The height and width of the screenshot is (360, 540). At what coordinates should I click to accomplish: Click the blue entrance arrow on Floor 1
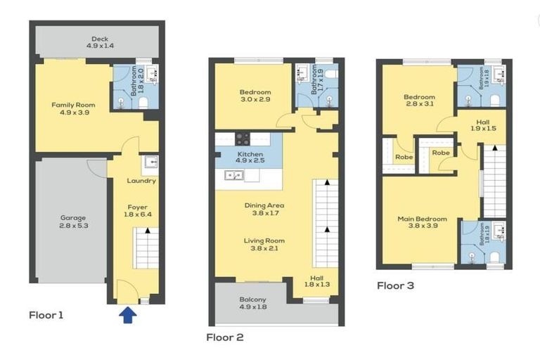point(127,316)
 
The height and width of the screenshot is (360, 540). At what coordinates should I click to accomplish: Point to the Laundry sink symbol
point(150,163)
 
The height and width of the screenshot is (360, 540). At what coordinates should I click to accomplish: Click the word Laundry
point(141,181)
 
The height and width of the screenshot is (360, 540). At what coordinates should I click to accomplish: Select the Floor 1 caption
point(46,315)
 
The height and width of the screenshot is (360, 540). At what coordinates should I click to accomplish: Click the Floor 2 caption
point(224,337)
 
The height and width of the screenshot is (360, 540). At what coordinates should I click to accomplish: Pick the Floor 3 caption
point(395,285)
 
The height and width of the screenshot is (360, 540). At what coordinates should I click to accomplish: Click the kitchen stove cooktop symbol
point(243,139)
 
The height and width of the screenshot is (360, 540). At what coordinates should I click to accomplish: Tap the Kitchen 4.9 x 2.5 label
point(250,157)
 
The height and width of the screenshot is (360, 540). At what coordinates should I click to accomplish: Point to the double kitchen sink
point(234,175)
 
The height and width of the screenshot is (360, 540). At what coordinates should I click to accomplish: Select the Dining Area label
point(264,210)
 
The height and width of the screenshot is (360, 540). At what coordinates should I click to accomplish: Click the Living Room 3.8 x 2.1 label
point(264,245)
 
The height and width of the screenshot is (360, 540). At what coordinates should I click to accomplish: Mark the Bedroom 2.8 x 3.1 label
point(419,101)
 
